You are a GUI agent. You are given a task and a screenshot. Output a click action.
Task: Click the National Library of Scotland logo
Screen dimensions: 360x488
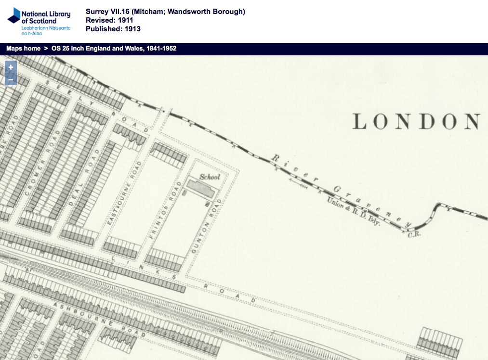point(39,21)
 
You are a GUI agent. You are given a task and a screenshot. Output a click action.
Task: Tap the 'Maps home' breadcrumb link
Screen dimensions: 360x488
point(23,49)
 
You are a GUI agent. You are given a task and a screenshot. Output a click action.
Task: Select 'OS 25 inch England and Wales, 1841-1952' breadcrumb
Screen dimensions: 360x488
point(114,49)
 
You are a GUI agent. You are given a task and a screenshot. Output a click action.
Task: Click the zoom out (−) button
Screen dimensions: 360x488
point(11,79)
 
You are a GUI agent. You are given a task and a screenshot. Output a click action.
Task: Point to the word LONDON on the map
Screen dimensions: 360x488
point(416,122)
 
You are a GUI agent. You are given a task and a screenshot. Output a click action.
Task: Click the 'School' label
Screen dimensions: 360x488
point(210,177)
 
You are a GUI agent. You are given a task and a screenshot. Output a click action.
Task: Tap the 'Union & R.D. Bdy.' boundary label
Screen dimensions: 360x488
point(354,212)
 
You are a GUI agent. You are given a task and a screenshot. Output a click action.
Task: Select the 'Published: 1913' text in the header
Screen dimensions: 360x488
point(113,29)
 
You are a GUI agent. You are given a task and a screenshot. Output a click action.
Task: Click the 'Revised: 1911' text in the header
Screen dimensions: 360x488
point(109,20)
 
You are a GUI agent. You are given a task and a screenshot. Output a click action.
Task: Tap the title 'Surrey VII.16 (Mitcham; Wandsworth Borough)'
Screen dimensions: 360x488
point(165,12)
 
